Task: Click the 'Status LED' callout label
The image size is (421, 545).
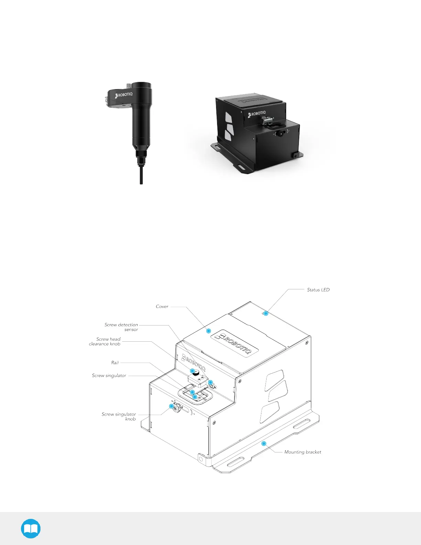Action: pos(318,290)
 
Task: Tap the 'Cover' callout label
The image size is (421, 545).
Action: pos(162,307)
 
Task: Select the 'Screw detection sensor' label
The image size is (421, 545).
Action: pos(121,327)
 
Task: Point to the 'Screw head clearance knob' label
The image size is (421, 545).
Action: pos(105,341)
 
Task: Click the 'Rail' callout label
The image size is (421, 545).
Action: pos(115,363)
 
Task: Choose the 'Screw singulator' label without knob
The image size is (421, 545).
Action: pos(109,375)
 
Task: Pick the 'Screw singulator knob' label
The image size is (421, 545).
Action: pos(119,416)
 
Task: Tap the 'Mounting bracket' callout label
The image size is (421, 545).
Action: pos(303,452)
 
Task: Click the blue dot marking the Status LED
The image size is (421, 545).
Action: pos(266,313)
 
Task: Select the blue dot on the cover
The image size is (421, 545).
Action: pos(208,331)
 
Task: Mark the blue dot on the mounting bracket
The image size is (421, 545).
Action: pos(264,444)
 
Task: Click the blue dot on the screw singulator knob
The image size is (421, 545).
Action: pos(172,406)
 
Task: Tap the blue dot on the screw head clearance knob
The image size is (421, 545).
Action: pos(193,371)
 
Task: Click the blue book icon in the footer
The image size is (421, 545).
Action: pos(31,528)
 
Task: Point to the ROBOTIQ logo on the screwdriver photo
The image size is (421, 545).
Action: pos(124,95)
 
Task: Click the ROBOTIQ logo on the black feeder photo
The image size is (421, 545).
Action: pos(257,114)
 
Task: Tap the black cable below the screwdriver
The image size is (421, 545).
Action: pos(141,175)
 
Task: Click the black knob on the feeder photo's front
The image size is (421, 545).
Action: pos(280,133)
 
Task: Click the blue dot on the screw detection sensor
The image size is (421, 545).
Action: pos(210,383)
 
